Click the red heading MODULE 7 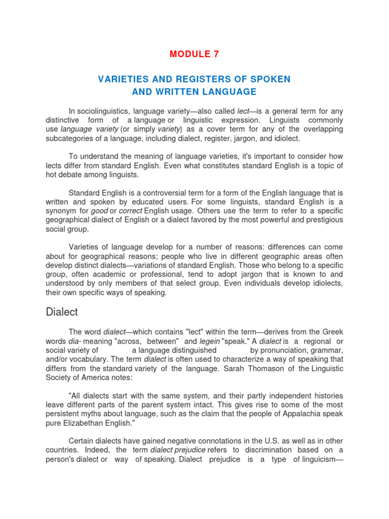tap(194, 54)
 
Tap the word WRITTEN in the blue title tap(174, 92)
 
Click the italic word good tap(99, 211)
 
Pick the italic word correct tap(130, 211)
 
